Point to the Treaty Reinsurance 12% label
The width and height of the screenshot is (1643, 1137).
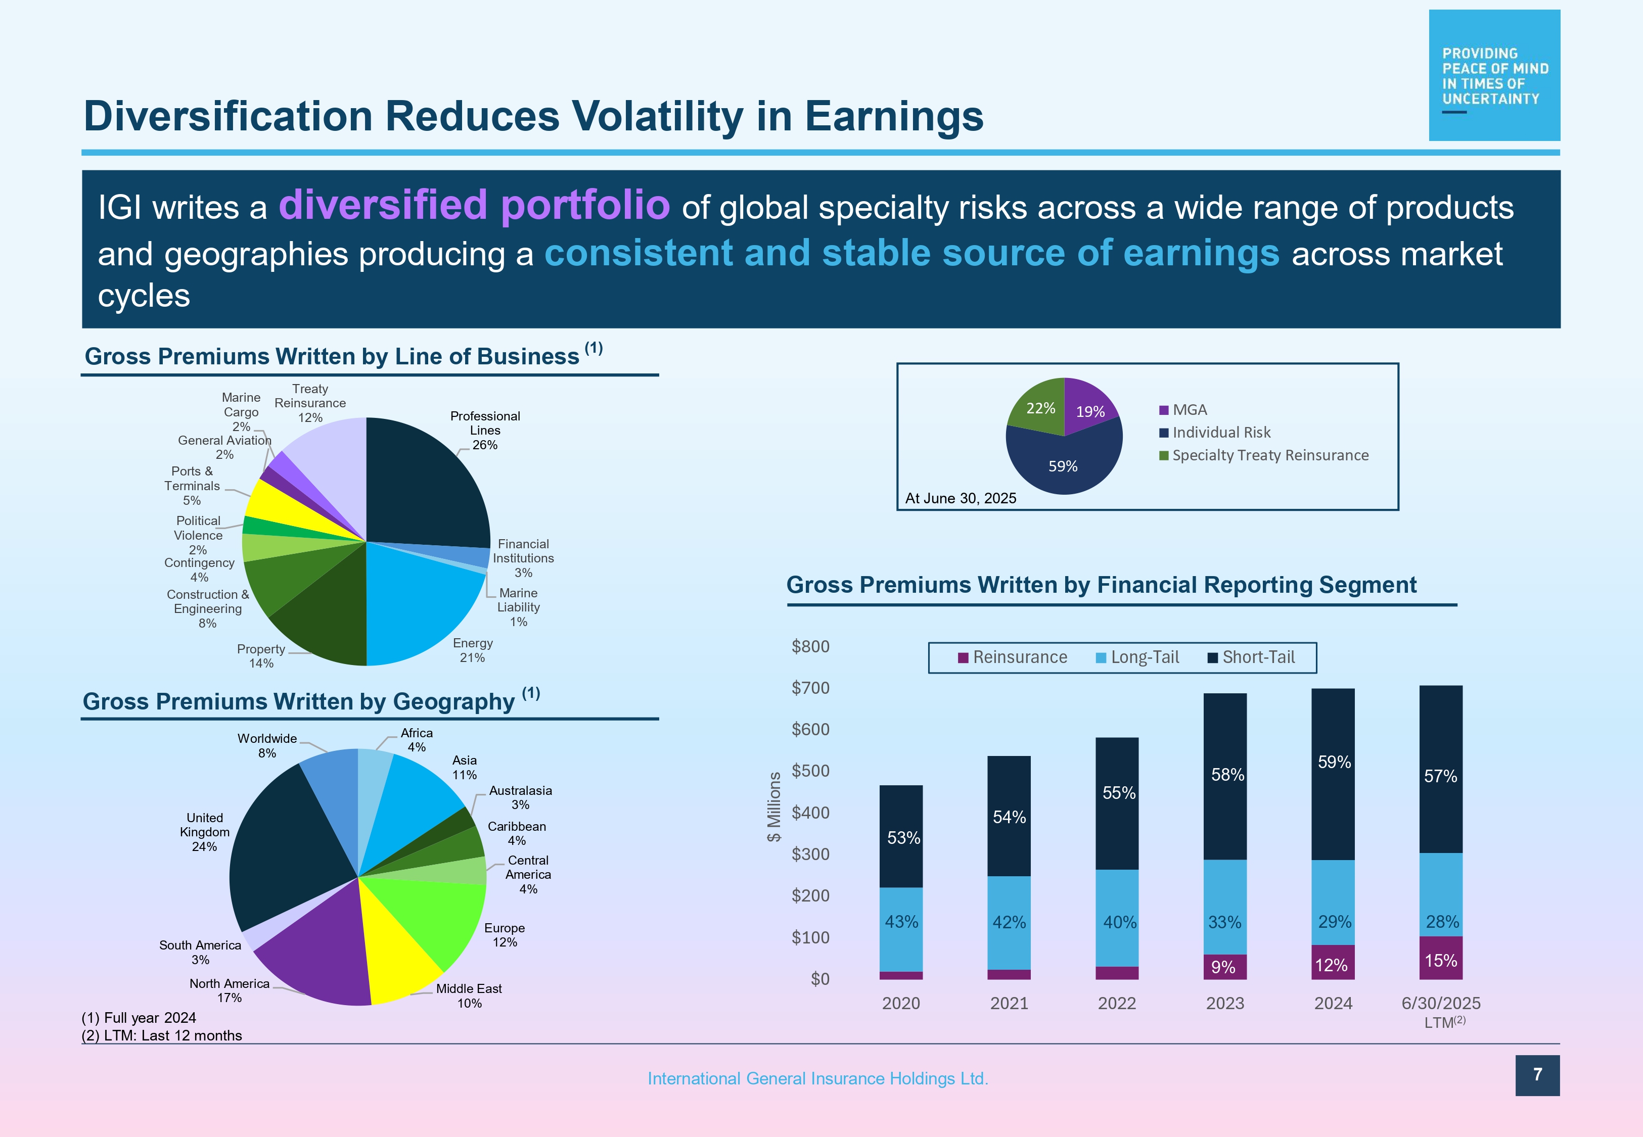coord(310,403)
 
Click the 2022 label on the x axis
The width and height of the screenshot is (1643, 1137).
coord(1116,1003)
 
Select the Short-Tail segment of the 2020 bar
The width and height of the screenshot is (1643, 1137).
coord(901,837)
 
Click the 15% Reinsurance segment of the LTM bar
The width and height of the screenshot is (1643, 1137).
coord(1441,959)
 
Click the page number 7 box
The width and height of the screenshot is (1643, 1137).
coord(1537,1075)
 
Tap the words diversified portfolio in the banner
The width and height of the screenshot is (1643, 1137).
coord(474,205)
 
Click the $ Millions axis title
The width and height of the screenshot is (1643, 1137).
coord(774,807)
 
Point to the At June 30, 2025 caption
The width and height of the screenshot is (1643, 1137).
coord(961,498)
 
